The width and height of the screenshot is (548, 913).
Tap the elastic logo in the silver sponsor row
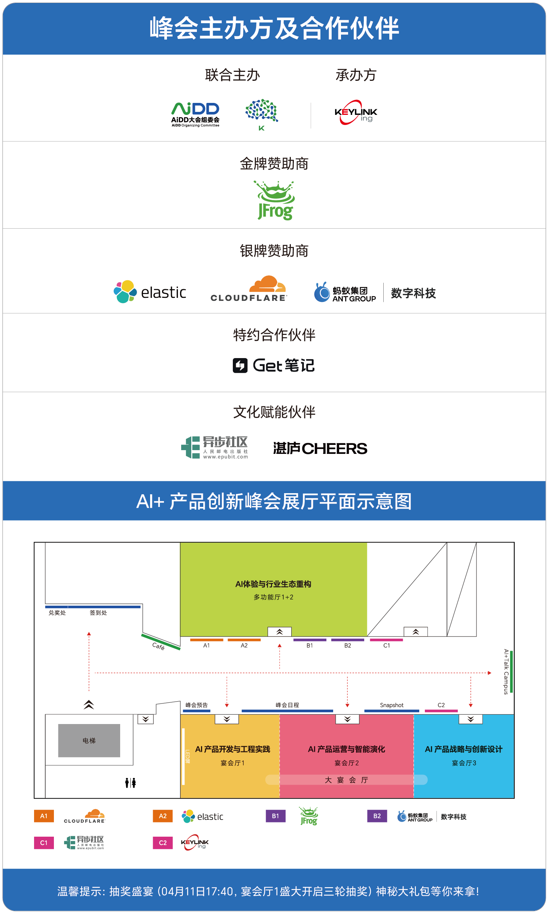[150, 292]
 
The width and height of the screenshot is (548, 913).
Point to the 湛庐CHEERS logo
[320, 448]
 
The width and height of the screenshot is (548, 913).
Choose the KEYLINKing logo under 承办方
[356, 112]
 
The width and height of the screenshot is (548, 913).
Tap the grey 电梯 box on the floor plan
[89, 741]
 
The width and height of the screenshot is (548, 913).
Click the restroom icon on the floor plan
[130, 782]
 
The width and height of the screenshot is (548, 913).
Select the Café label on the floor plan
[158, 646]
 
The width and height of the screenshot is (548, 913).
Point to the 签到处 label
[98, 613]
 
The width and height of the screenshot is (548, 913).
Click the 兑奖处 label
[57, 613]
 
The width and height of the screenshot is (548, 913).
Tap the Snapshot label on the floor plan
[392, 705]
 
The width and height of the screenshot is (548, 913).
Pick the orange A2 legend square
[163, 816]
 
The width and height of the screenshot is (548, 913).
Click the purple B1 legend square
[275, 816]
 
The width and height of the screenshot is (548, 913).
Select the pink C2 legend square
[163, 843]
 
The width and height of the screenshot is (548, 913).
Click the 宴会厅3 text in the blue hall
[464, 763]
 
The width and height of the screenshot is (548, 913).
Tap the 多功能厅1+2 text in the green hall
[273, 597]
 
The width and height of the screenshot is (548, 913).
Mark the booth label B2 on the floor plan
[347, 645]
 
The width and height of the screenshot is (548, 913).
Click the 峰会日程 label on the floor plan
[287, 705]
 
